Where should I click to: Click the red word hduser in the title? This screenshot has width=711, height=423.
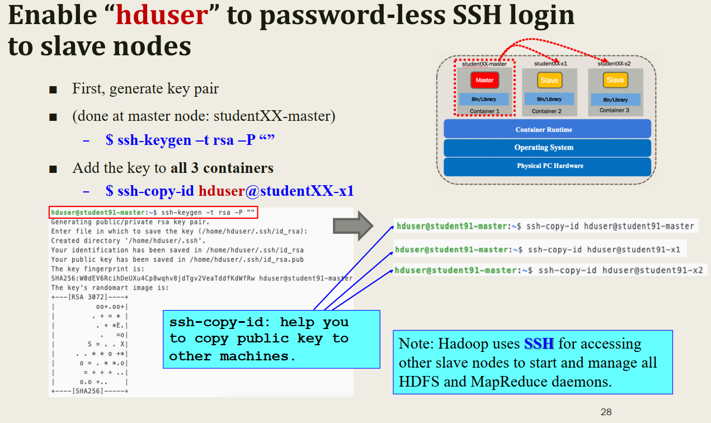(x=162, y=15)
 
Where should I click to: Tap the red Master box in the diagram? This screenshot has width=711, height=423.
(x=484, y=80)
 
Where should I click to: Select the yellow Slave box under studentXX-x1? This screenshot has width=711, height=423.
(x=549, y=80)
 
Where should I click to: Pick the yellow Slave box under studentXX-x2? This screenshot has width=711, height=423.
(x=615, y=80)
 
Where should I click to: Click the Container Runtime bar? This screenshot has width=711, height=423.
(x=547, y=129)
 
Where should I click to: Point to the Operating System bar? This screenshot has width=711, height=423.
(x=547, y=148)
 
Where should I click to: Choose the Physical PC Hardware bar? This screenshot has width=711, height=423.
(x=547, y=166)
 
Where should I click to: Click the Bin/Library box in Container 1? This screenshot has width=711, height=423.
(x=484, y=99)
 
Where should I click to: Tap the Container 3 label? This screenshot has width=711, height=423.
(x=614, y=110)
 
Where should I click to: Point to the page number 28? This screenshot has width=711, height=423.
(x=606, y=412)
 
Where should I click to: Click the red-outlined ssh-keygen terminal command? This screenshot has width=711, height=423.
(x=154, y=213)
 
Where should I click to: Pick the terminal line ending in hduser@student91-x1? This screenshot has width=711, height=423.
(x=537, y=250)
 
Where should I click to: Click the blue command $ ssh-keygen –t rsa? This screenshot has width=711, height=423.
(x=190, y=140)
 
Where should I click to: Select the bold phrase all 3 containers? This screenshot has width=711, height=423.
(x=222, y=168)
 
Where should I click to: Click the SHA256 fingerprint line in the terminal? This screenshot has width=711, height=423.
(x=201, y=278)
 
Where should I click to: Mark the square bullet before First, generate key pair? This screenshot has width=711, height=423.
(x=53, y=90)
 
